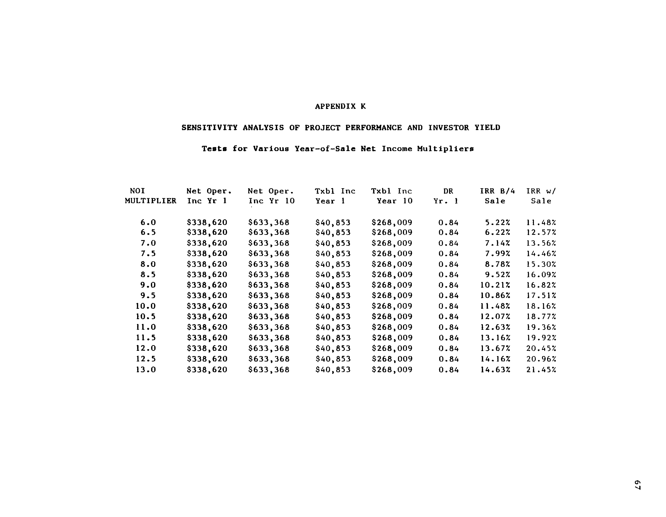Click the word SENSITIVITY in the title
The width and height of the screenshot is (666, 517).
click(x=209, y=128)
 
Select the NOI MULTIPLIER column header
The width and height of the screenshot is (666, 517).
click(x=150, y=196)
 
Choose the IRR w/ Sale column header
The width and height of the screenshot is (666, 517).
click(x=541, y=196)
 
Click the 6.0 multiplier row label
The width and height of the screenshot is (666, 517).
click(x=148, y=223)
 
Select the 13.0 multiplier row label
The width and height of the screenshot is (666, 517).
click(x=146, y=370)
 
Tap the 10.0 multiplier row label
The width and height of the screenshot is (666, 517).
click(x=146, y=306)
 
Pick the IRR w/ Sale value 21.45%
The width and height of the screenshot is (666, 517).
click(x=541, y=370)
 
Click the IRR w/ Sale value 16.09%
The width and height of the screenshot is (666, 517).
click(x=541, y=275)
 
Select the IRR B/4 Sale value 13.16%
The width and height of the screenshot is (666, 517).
click(x=495, y=338)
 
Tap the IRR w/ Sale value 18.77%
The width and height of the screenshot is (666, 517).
click(x=541, y=317)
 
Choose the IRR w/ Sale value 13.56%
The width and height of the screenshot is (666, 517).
click(x=541, y=243)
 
